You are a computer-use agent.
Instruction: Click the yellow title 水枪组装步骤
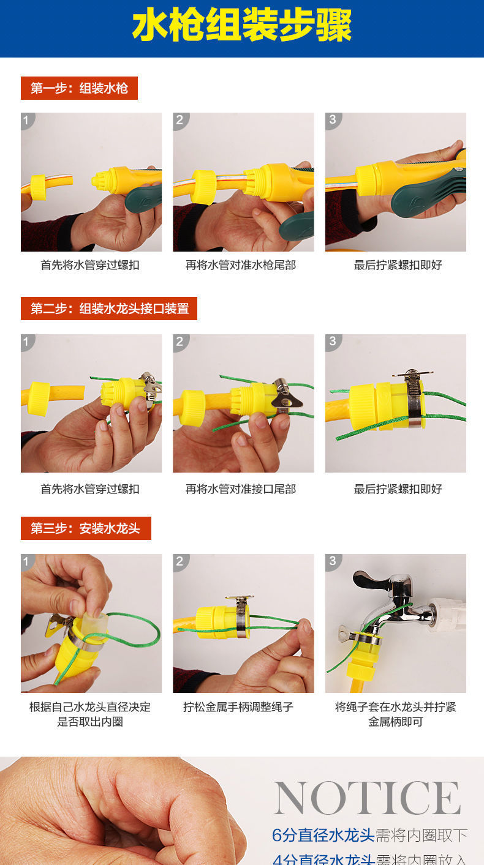click(242, 26)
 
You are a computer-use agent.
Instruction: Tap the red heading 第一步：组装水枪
click(79, 88)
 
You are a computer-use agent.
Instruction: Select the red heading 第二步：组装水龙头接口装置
click(109, 309)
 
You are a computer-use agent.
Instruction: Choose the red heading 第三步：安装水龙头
click(86, 528)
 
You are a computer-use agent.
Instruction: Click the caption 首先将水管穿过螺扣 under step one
click(90, 265)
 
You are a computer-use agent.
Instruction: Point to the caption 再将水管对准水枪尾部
click(241, 265)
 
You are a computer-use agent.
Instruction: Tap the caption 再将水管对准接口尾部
click(241, 489)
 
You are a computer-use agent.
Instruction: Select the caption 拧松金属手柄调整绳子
click(238, 707)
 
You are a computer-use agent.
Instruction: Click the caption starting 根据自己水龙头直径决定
click(90, 714)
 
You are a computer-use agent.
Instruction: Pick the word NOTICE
click(367, 798)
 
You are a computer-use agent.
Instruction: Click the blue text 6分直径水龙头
click(323, 835)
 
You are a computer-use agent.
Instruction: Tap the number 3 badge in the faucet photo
click(333, 561)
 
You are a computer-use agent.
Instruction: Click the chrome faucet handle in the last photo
click(371, 579)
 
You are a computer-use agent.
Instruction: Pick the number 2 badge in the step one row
click(180, 120)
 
